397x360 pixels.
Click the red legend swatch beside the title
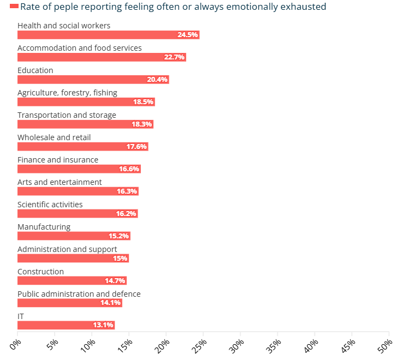pyautogui.click(x=14, y=7)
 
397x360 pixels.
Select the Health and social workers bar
pyautogui.click(x=108, y=35)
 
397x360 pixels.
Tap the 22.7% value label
pyautogui.click(x=174, y=57)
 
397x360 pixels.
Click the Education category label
pyautogui.click(x=35, y=70)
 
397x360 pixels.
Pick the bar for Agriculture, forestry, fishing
pyautogui.click(x=86, y=102)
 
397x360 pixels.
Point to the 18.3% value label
pyautogui.click(x=141, y=124)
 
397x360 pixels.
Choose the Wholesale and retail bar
pyautogui.click(x=82, y=147)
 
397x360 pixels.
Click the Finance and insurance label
pyautogui.click(x=58, y=160)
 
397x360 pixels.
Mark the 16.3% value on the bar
pyautogui.click(x=127, y=191)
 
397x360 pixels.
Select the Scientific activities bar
pyautogui.click(x=78, y=214)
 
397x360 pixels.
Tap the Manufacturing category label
pyautogui.click(x=44, y=227)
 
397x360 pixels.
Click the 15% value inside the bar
pyautogui.click(x=120, y=259)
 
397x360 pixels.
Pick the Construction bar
pyautogui.click(x=72, y=281)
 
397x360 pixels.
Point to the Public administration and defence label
pyautogui.click(x=79, y=294)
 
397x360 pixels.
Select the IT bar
pyautogui.click(x=66, y=326)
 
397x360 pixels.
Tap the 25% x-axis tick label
pyautogui.click(x=199, y=345)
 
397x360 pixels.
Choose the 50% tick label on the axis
pyautogui.click(x=385, y=345)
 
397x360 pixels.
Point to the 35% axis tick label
pyautogui.click(x=274, y=345)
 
